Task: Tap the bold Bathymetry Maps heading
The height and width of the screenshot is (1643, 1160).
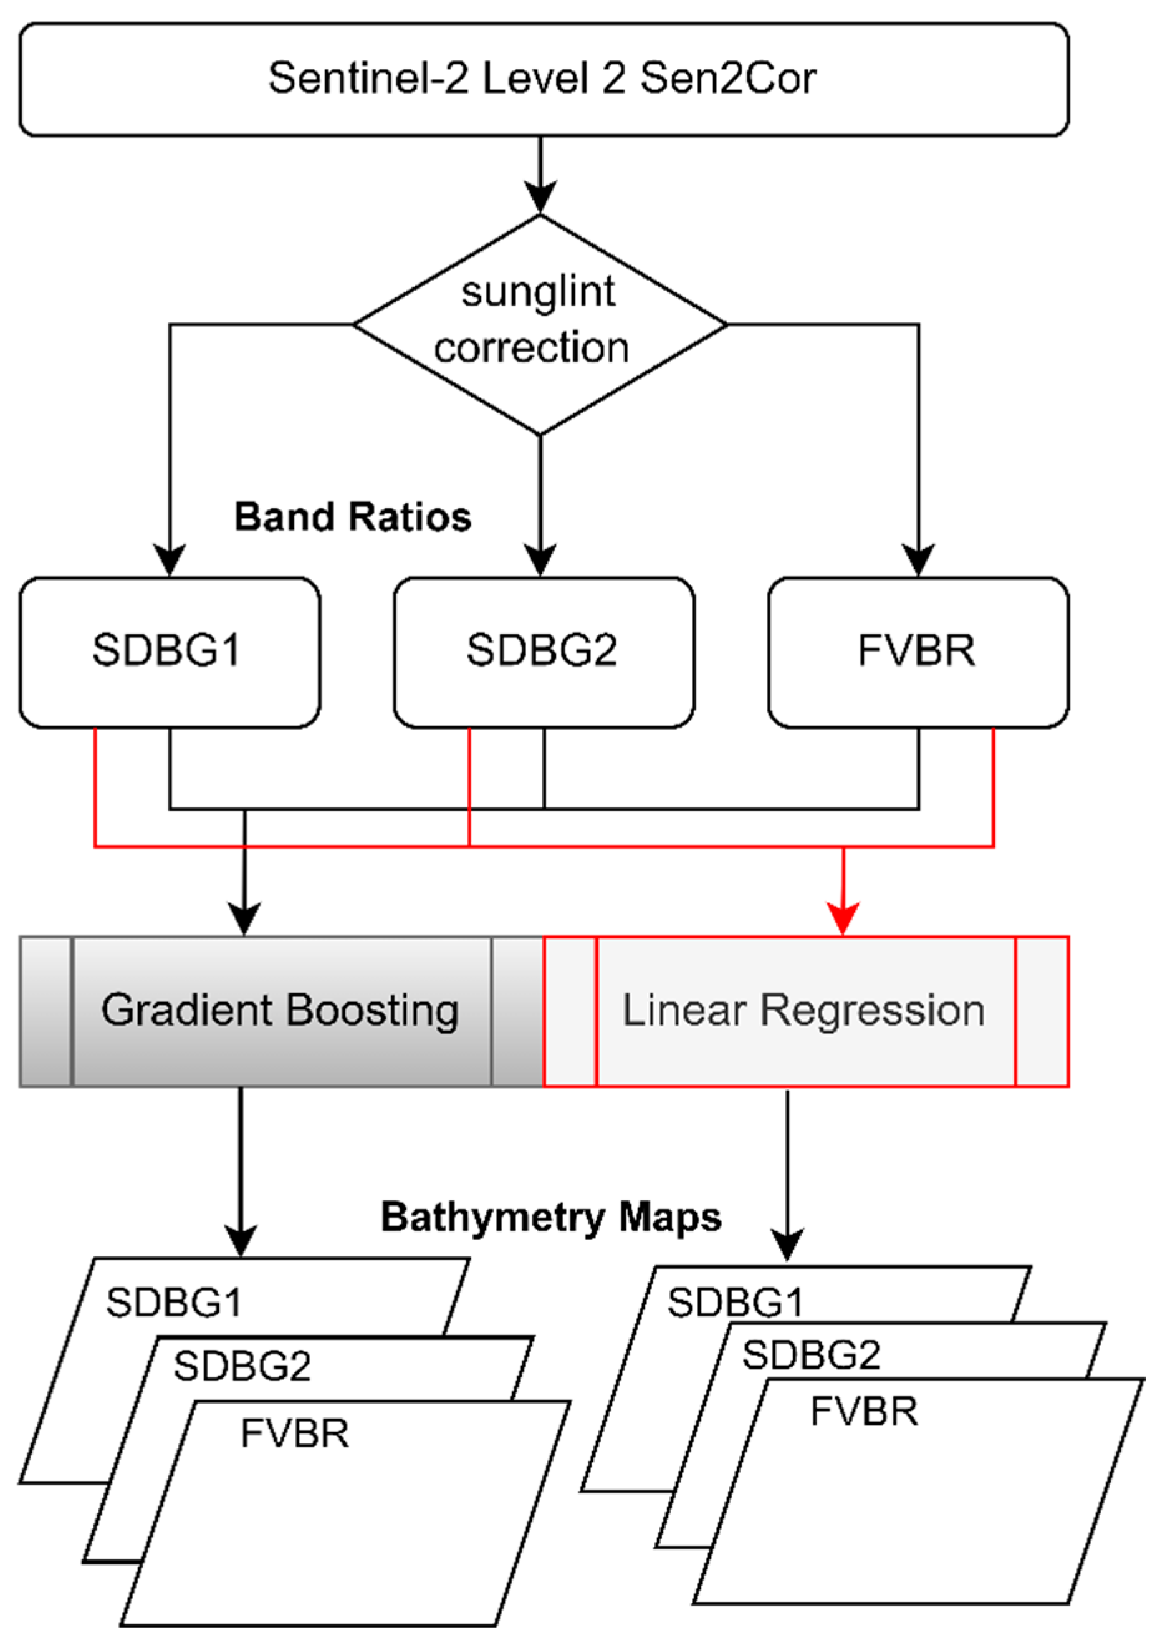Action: (x=550, y=1217)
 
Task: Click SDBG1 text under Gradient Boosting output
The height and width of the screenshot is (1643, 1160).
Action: (x=174, y=1303)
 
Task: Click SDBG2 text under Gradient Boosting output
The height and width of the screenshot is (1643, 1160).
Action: (x=242, y=1367)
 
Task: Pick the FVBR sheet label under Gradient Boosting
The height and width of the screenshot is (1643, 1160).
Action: (x=295, y=1433)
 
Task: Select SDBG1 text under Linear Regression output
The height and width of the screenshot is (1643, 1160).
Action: (x=735, y=1303)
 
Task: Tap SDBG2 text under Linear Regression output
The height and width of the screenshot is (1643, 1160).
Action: (x=811, y=1354)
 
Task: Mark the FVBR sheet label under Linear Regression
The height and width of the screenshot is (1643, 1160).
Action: (x=863, y=1412)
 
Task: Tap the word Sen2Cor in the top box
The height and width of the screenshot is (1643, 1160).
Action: (x=727, y=79)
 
